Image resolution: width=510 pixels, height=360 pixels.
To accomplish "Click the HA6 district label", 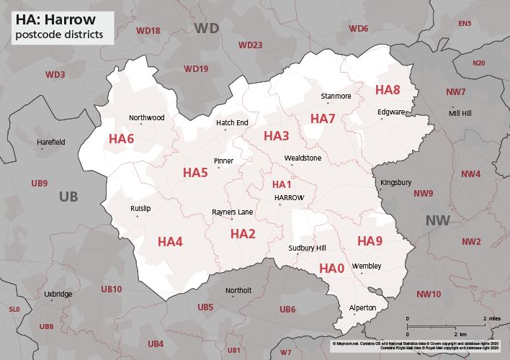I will [121, 138].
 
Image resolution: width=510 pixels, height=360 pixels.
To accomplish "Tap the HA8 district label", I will [388, 90].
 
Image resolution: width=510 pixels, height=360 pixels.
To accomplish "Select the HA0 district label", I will [331, 269].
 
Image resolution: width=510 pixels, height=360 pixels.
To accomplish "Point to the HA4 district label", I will [170, 241].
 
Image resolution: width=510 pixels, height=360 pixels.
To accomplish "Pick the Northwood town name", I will [146, 117].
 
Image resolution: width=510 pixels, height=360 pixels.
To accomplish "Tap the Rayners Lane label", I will [232, 212].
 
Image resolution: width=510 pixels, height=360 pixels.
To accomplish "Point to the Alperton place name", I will [362, 308].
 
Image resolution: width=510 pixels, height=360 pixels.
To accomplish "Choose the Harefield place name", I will [51, 143].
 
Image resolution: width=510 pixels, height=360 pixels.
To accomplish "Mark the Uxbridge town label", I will [58, 294].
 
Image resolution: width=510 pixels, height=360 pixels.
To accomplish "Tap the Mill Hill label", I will [461, 114].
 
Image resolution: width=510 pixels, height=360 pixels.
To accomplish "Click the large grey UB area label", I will [68, 197].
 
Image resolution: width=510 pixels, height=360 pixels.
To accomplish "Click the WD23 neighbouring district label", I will [250, 45].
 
